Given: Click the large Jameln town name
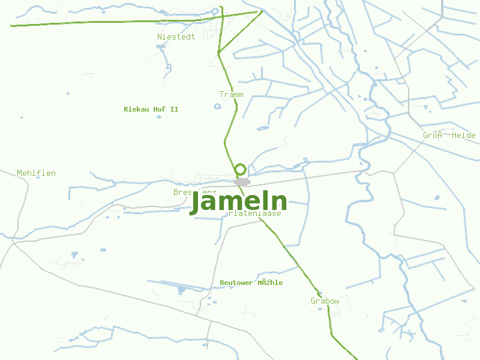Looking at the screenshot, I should pyautogui.click(x=238, y=202).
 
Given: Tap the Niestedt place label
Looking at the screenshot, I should pyautogui.click(x=176, y=37).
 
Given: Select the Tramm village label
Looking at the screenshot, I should pyautogui.click(x=231, y=95).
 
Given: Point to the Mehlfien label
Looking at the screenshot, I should pyautogui.click(x=36, y=173).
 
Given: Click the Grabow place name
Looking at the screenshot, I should pyautogui.click(x=325, y=301).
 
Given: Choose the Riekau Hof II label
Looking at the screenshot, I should pyautogui.click(x=151, y=109).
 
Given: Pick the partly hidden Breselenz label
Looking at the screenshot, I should pyautogui.click(x=183, y=192).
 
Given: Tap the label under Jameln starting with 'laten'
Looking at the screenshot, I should pyautogui.click(x=255, y=213).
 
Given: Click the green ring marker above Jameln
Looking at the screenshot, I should pyautogui.click(x=241, y=169).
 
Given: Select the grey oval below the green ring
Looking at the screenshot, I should pyautogui.click(x=242, y=182).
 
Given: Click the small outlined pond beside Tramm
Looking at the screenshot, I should pyautogui.click(x=217, y=107).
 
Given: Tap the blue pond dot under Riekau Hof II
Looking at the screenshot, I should pyautogui.click(x=159, y=117).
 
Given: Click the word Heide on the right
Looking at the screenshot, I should pyautogui.click(x=464, y=136).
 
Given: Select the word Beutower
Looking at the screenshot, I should pyautogui.click(x=237, y=283).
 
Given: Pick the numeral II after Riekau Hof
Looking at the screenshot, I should pyautogui.click(x=174, y=109).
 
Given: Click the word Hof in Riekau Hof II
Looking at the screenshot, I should pyautogui.click(x=160, y=109).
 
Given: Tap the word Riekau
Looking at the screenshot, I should pyautogui.click(x=136, y=109).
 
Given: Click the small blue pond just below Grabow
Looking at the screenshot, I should pyautogui.click(x=320, y=309).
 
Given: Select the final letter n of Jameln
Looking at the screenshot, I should pyautogui.click(x=279, y=202).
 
